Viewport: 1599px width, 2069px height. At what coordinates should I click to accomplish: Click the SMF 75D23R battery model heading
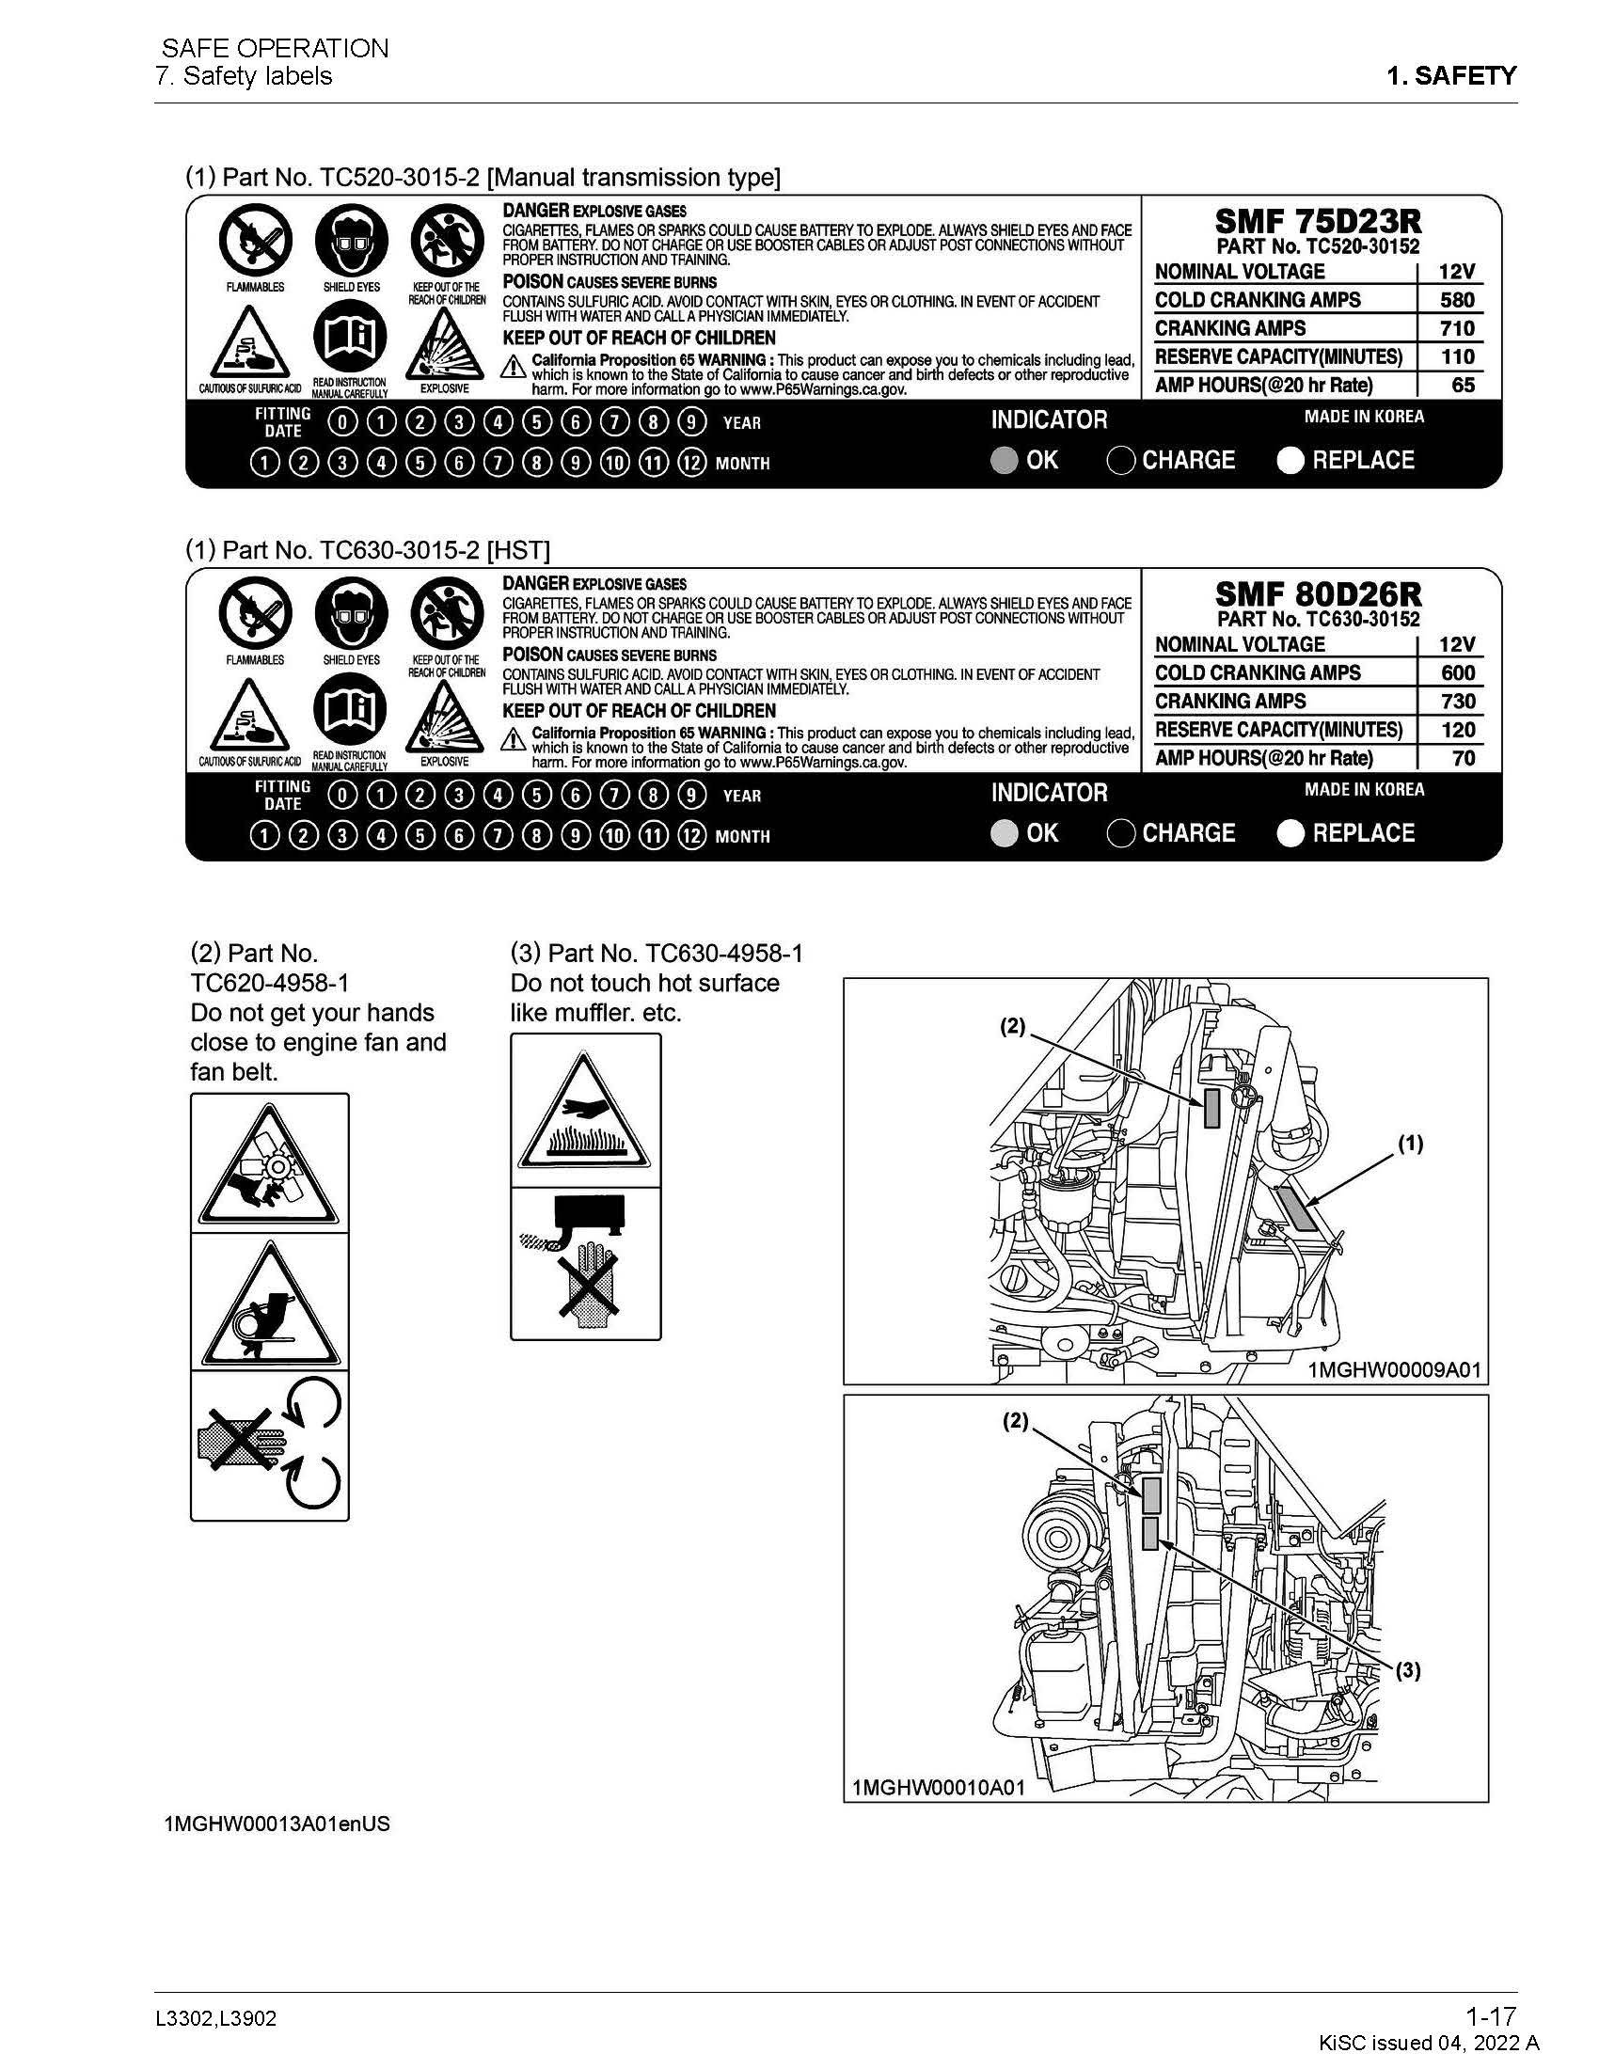click(1318, 222)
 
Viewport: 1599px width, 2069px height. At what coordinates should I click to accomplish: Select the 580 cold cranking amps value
click(1457, 300)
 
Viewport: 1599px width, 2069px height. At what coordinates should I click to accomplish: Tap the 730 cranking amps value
click(1457, 701)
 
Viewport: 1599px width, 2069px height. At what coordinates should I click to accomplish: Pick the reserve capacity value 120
click(1458, 730)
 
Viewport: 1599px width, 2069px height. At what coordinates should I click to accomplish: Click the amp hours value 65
click(1463, 386)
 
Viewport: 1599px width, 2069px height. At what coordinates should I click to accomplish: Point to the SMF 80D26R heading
click(1318, 595)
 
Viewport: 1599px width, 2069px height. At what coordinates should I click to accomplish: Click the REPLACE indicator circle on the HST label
click(1290, 833)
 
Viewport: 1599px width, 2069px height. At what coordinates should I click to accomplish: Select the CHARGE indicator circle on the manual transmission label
click(1120, 461)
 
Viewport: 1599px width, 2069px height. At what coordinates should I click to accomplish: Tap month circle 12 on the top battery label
click(692, 464)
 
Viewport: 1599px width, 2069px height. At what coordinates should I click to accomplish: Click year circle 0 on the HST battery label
click(342, 795)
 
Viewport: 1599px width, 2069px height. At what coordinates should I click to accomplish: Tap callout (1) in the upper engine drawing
click(1411, 1144)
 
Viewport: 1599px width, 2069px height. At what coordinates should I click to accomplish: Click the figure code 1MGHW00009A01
click(1393, 1370)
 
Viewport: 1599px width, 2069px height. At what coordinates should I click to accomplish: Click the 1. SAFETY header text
click(1451, 76)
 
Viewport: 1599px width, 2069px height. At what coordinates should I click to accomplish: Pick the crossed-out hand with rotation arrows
click(269, 1444)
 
